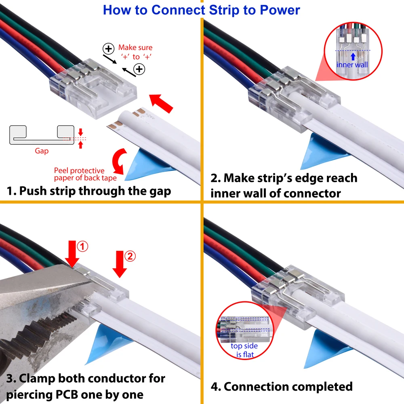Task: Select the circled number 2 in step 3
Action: [x=130, y=256]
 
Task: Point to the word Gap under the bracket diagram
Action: [x=42, y=151]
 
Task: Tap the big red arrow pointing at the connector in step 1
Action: [x=162, y=103]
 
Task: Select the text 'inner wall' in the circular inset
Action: [x=352, y=65]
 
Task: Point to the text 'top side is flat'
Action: [x=244, y=350]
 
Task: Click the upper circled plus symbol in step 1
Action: [x=109, y=49]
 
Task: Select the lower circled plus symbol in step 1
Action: [x=139, y=69]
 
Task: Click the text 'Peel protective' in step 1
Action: [x=79, y=170]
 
